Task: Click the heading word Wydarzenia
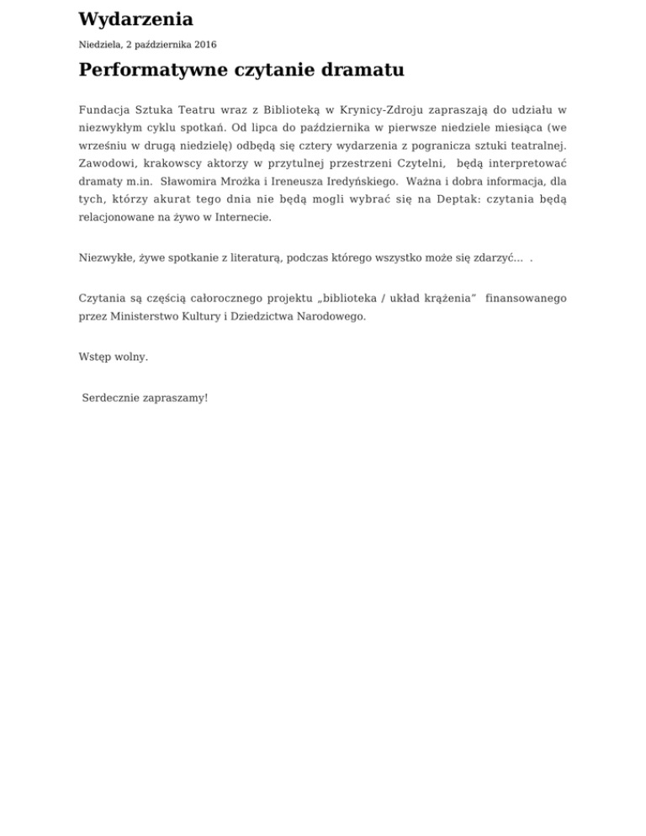click(x=135, y=19)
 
